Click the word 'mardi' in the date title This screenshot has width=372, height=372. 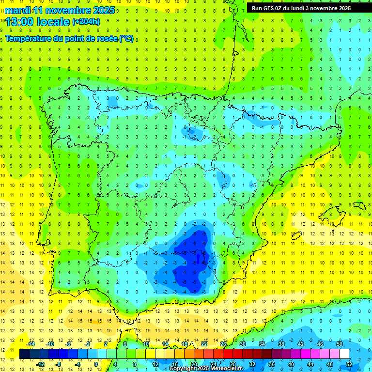coord(16,10)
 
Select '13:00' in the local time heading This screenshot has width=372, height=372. coord(20,22)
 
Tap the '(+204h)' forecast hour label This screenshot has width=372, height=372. coord(86,22)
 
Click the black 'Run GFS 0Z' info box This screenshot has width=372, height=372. coord(305,8)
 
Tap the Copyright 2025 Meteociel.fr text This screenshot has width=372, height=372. coord(206,369)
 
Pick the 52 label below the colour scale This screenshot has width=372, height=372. coord(349,364)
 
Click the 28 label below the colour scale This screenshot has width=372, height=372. coord(233,364)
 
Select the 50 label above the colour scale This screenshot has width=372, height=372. coord(340,344)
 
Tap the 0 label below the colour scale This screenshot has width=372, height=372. coord(96,364)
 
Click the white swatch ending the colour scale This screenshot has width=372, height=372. coord(344,354)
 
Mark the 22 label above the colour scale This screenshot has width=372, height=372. coord(204,344)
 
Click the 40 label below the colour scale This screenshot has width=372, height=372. coord(291,364)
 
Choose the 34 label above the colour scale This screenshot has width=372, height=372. coord(262,344)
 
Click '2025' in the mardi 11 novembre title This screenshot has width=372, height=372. coord(103,10)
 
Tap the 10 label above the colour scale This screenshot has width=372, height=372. coord(146,344)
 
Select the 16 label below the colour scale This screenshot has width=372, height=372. coord(175,364)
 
